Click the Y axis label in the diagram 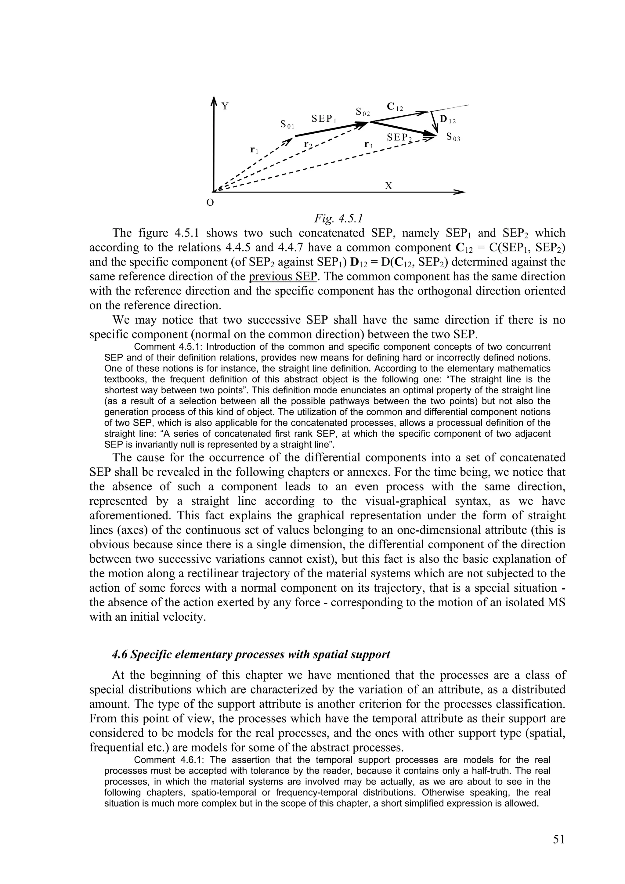[225, 106]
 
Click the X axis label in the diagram [388, 186]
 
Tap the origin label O [210, 203]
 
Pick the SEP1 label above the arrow [324, 119]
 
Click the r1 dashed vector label [254, 150]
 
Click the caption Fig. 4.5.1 [338, 218]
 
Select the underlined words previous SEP [283, 276]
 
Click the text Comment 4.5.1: [167, 347]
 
